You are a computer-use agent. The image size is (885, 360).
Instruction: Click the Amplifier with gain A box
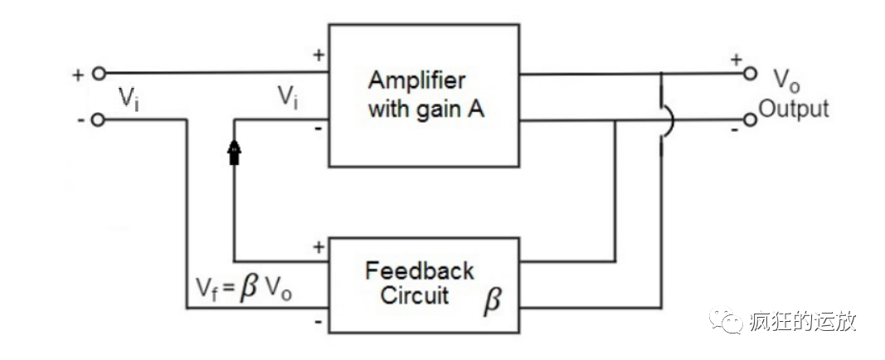(425, 95)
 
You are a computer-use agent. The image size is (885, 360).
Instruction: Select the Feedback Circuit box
(425, 284)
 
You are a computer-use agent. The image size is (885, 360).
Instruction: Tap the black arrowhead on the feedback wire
(235, 152)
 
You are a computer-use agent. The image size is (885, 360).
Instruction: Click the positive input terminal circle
(99, 73)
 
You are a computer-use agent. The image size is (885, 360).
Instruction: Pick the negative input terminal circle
(99, 120)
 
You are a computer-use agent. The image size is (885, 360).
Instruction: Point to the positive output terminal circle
(751, 73)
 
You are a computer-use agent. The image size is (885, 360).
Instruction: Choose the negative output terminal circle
(751, 120)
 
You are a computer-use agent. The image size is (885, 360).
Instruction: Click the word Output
(795, 109)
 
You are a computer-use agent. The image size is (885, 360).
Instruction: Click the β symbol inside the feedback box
(492, 300)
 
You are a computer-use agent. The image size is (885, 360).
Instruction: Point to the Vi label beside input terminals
(128, 99)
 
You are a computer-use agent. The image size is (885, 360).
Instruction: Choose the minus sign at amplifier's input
(318, 129)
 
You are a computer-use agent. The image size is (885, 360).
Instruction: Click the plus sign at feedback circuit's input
(318, 246)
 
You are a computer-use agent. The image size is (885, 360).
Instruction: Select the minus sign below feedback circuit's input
(318, 321)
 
